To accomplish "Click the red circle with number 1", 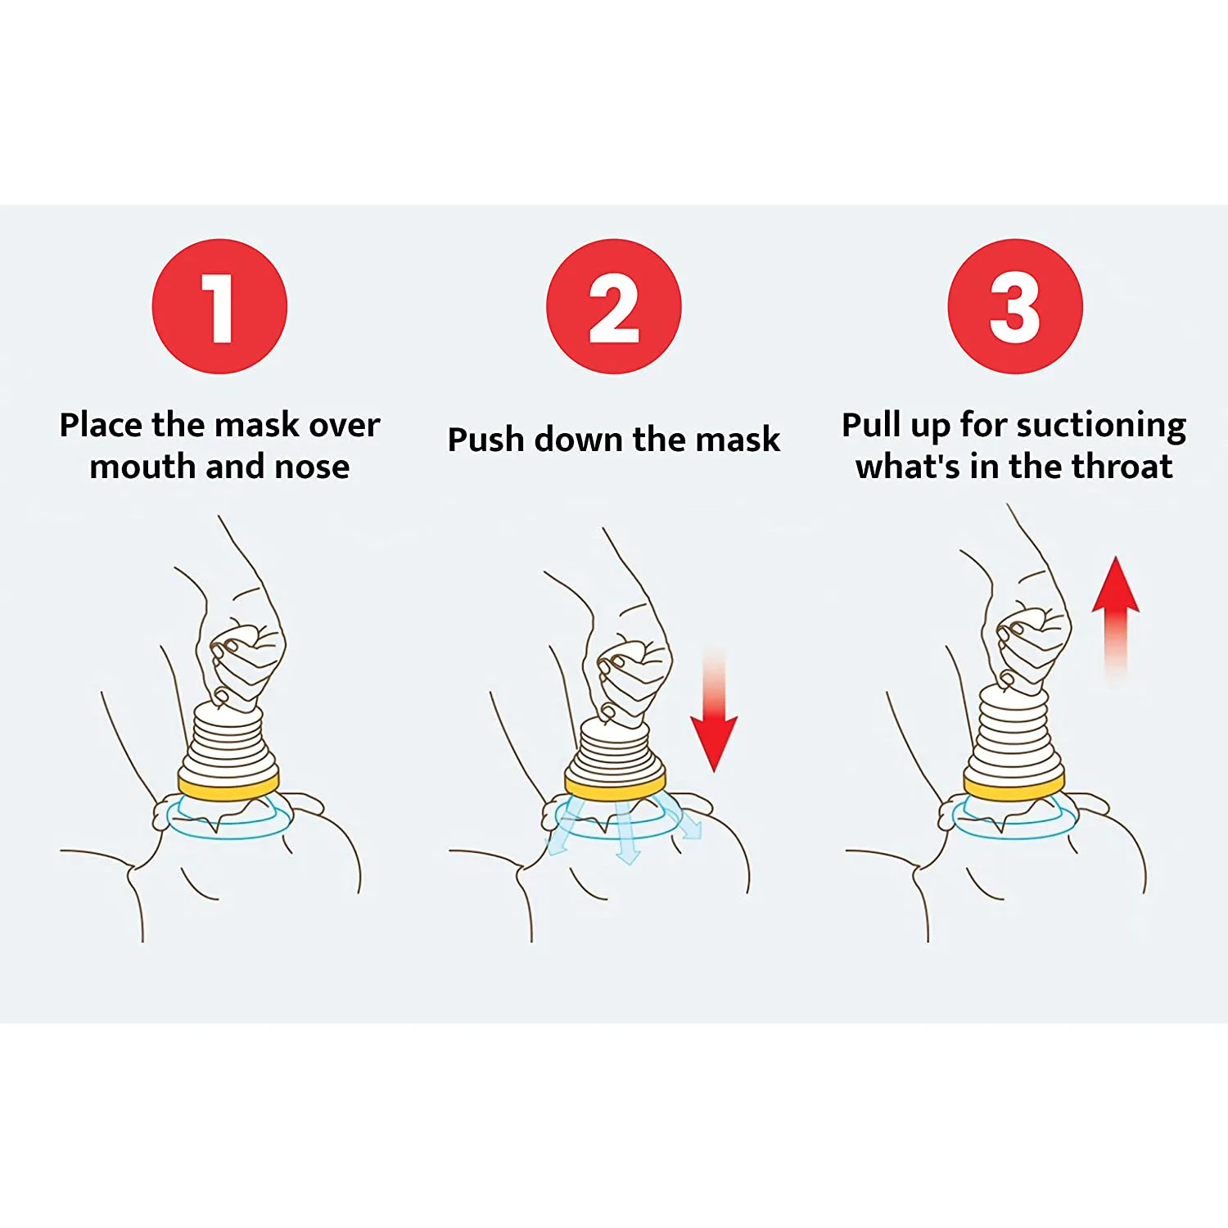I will [219, 306].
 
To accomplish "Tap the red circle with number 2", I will [613, 306].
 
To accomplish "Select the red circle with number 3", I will [1015, 306].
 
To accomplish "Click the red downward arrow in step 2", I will [714, 720].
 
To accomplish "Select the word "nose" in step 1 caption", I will [312, 467].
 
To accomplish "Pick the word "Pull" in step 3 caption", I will [873, 426].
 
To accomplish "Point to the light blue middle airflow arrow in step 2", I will [626, 835].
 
